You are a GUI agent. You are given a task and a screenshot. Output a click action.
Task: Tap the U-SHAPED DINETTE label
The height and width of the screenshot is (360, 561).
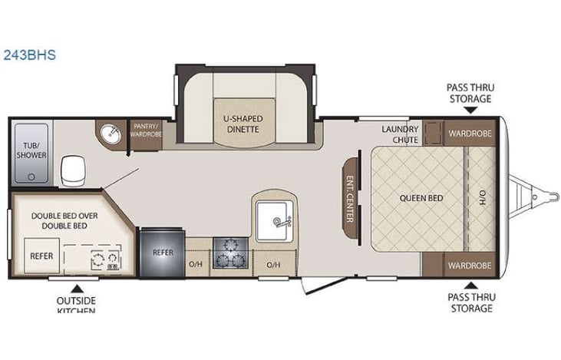point(243,124)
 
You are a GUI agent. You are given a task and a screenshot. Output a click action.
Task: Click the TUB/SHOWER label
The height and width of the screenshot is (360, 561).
point(31,149)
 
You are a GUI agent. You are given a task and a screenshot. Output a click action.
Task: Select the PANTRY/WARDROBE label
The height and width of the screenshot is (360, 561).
point(146,128)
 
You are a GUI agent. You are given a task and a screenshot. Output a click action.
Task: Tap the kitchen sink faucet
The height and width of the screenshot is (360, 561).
point(281,221)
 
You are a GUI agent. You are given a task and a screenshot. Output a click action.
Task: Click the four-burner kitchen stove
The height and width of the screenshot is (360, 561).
point(228,253)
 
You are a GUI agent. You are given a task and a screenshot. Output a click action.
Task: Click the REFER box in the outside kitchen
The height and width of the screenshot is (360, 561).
point(38,254)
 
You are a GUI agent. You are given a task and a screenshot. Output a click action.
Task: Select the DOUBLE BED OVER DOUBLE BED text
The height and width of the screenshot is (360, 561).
point(64,221)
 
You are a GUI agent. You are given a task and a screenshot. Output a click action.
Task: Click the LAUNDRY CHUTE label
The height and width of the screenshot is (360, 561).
point(400,134)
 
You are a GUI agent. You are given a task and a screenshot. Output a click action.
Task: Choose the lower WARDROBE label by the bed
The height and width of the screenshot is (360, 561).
point(470,266)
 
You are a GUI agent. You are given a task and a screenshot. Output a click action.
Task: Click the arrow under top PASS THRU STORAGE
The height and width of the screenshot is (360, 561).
point(470,110)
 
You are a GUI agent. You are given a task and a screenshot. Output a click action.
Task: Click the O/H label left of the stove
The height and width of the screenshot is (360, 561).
point(196,266)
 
